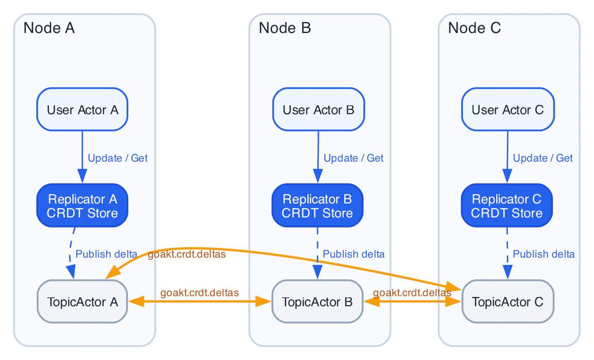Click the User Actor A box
82,110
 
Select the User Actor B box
318,110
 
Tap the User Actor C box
507,110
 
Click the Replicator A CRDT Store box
82,206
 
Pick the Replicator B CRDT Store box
317,206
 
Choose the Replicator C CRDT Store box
506,206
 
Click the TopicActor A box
82,302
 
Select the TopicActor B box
317,302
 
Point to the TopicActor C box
507,302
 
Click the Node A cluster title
49,28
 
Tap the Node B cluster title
285,28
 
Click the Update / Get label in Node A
117,158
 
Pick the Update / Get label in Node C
542,158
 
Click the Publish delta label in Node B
353,254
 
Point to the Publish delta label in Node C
543,254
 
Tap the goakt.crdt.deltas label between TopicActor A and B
199,293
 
